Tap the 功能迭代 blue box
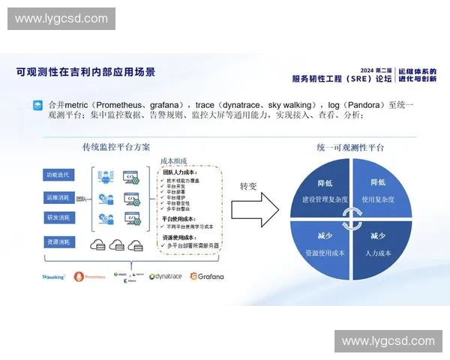click(58, 175)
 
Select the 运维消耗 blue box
click(58, 197)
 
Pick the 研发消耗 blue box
click(58, 217)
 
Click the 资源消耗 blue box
click(58, 242)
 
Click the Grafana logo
click(206, 276)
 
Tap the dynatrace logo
click(166, 276)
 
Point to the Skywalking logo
click(54, 276)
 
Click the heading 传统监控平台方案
click(117, 148)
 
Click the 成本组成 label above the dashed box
click(175, 160)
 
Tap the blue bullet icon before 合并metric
click(37, 105)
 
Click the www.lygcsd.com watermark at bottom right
click(387, 341)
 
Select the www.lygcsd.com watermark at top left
click(61, 19)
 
